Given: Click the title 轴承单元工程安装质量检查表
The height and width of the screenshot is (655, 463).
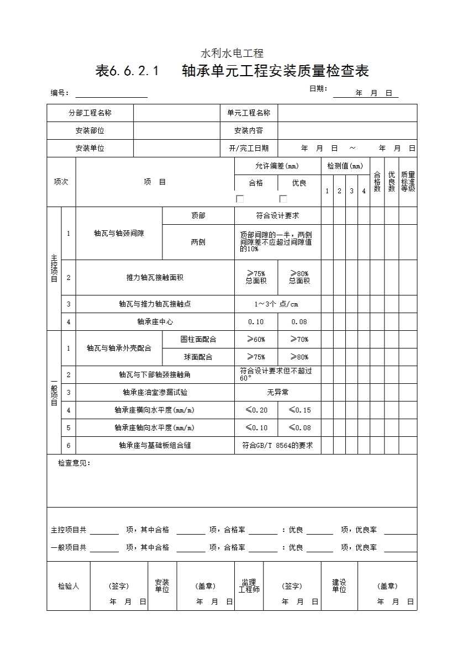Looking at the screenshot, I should tap(232, 71).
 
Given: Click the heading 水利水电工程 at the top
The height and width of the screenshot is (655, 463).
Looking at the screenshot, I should tap(231, 54).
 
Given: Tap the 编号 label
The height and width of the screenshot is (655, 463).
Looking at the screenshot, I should tap(59, 93).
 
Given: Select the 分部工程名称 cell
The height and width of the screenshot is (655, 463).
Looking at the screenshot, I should tap(90, 113).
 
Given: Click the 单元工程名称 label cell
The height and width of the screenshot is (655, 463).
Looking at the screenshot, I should tap(249, 113).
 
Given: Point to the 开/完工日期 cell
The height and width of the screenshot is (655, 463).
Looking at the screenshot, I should tap(249, 148).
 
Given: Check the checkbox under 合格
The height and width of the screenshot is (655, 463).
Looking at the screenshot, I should tap(240, 199).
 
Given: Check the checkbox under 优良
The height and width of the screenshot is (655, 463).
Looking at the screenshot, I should tap(283, 199).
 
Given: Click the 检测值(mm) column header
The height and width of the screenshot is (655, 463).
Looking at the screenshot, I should tap(345, 166).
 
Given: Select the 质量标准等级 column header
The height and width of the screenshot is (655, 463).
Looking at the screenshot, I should tap(408, 181).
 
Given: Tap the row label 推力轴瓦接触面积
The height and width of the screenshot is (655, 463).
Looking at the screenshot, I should tap(155, 277).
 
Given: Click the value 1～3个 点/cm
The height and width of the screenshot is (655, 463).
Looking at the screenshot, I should tap(277, 304).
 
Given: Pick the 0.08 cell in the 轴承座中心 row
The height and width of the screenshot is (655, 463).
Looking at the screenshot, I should tap(299, 321).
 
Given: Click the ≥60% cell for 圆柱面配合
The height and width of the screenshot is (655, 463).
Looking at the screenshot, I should tap(256, 339).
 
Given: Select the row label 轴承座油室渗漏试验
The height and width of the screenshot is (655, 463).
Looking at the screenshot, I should tap(155, 392).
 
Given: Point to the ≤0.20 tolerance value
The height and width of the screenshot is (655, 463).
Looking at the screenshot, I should tap(256, 410).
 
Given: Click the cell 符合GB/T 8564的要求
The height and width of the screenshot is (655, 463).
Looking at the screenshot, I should tap(277, 445).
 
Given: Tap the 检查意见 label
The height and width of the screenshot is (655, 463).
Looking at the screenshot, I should tap(74, 463).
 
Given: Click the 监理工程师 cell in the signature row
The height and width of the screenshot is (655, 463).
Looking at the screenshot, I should tap(249, 586).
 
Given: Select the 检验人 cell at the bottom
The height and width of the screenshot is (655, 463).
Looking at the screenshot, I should tap(69, 586).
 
